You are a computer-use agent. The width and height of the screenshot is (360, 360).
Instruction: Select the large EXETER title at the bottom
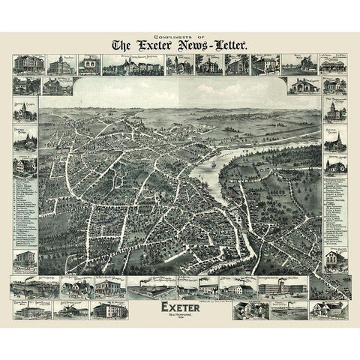pos(180,307)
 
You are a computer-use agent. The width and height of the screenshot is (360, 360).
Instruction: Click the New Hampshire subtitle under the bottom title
pos(180,316)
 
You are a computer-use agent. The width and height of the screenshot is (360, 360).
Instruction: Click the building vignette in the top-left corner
pos(25,64)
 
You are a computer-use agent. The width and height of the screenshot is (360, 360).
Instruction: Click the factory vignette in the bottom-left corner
pos(30,309)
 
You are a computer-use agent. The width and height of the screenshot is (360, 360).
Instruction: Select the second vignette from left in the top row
pos(57,64)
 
